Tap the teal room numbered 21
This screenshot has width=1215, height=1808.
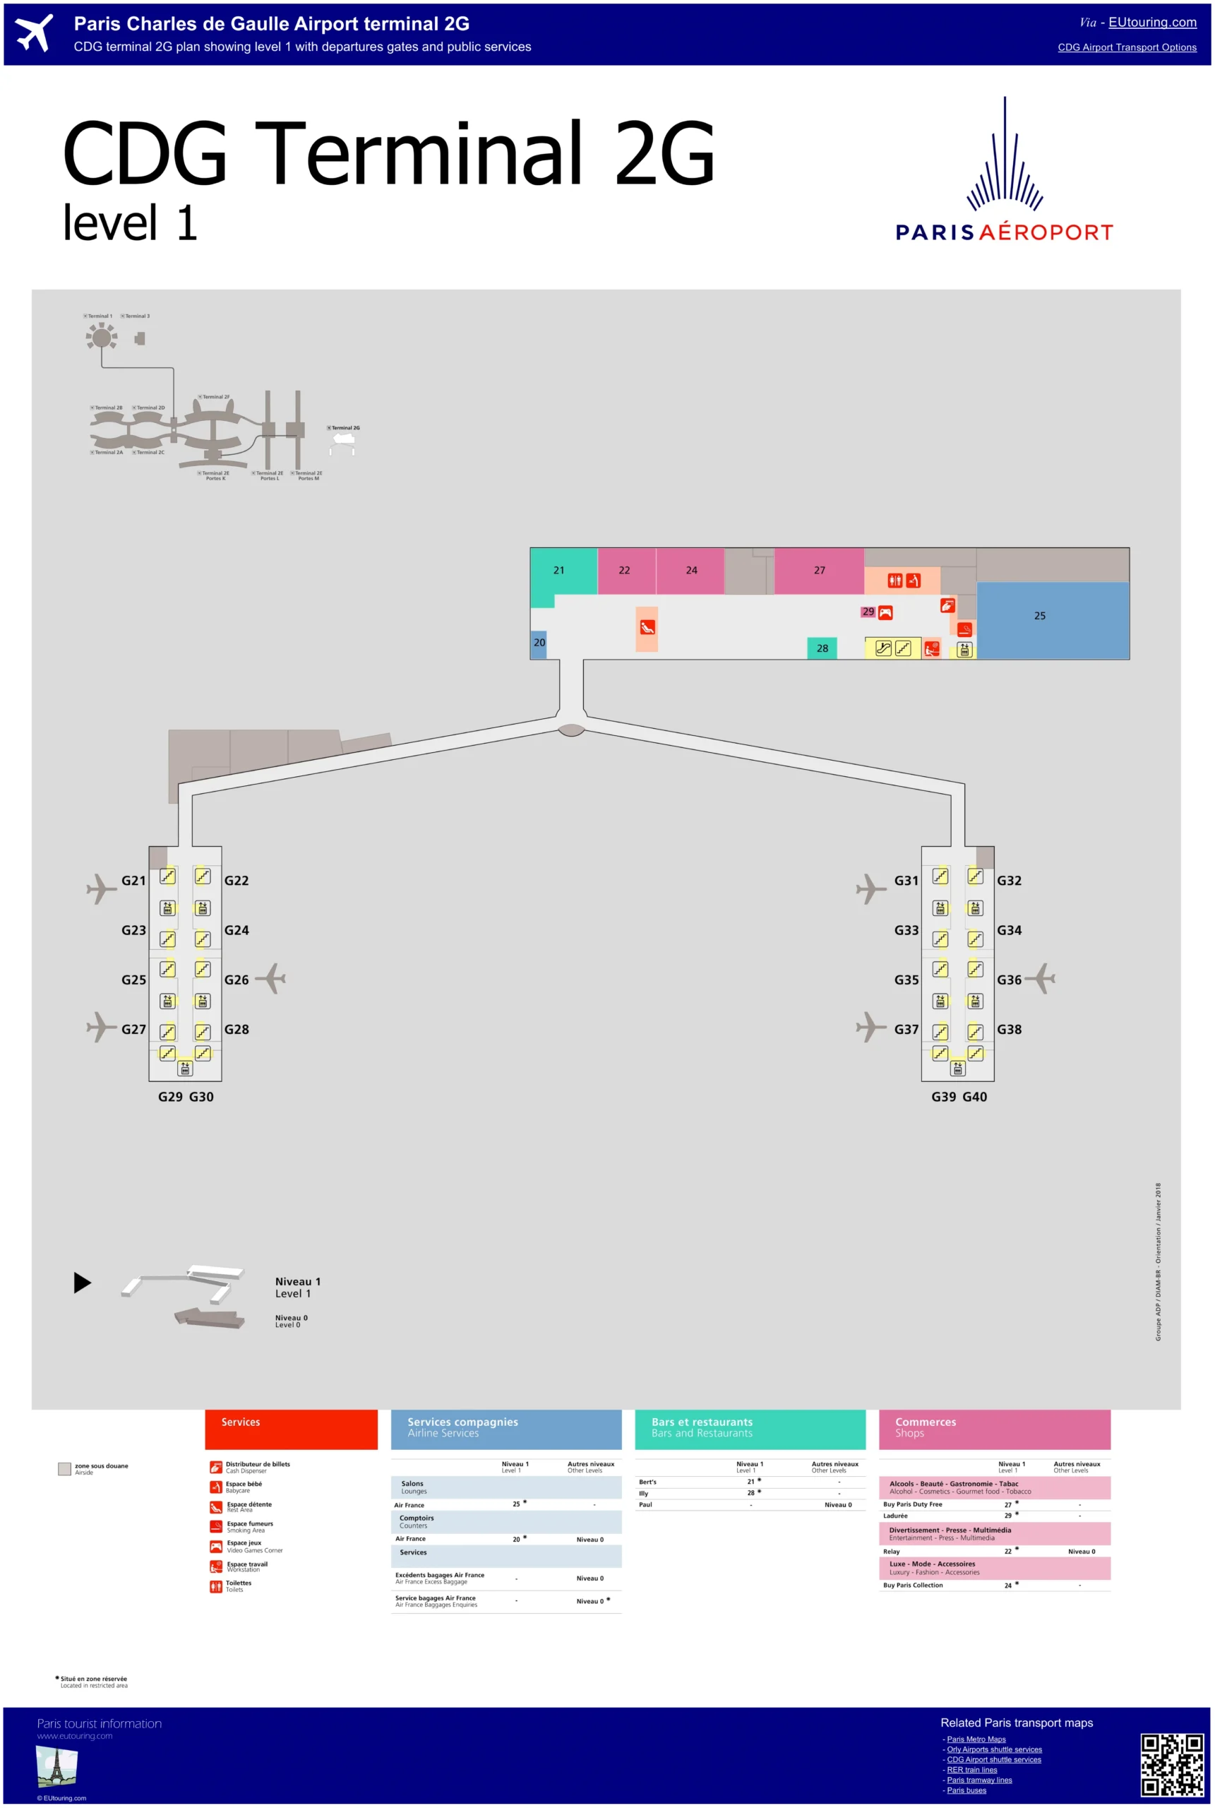tap(558, 571)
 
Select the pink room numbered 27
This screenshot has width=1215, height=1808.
tap(819, 571)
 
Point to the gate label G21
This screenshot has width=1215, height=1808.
tap(133, 881)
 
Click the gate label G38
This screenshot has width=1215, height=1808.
tap(1009, 1030)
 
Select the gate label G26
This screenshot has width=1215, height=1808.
tap(237, 980)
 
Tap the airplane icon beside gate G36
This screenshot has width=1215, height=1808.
tap(1042, 979)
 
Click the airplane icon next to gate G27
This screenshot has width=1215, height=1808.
tap(101, 1028)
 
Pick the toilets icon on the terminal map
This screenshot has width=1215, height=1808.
tap(895, 581)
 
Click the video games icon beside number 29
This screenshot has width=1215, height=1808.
tap(885, 613)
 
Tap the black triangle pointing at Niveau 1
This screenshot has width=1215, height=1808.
tap(82, 1283)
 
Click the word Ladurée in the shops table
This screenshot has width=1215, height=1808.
tap(895, 1516)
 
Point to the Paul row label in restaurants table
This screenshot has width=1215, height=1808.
tap(645, 1505)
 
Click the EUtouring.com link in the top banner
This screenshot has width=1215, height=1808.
tap(1151, 23)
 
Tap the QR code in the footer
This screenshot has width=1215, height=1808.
tap(1172, 1765)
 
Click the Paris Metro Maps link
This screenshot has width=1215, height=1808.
tap(976, 1739)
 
